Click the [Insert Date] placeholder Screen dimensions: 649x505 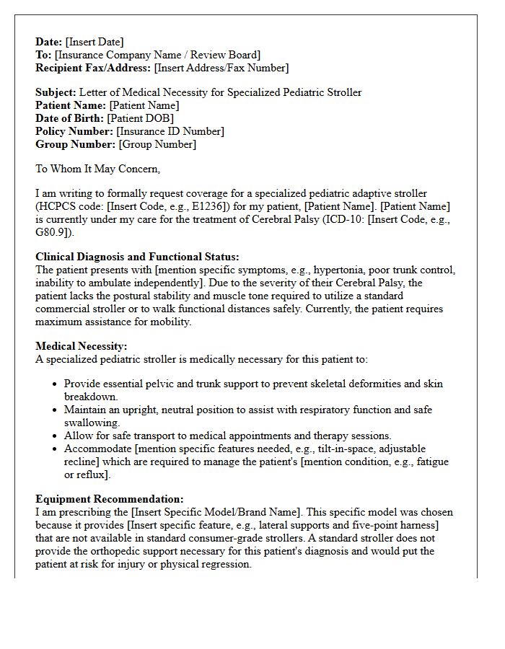pyautogui.click(x=95, y=42)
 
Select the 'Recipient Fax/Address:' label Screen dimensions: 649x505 pyautogui.click(x=93, y=68)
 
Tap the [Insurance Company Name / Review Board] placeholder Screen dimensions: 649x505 pyautogui.click(x=158, y=55)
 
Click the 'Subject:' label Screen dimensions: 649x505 pyautogui.click(x=56, y=92)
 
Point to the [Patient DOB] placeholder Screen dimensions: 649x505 pyautogui.click(x=140, y=118)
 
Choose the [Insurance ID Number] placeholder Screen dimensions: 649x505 pyautogui.click(x=171, y=131)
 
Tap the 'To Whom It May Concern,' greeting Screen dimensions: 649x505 pyautogui.click(x=97, y=169)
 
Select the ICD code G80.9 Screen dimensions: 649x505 pyautogui.click(x=53, y=232)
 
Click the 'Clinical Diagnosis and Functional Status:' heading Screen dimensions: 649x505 pyautogui.click(x=137, y=257)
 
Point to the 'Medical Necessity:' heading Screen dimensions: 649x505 pyautogui.click(x=81, y=346)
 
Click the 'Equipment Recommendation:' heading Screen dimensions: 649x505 pyautogui.click(x=110, y=499)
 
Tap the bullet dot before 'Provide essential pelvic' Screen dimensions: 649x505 pyautogui.click(x=54, y=384)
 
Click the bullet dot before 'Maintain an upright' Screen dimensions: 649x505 pyautogui.click(x=54, y=410)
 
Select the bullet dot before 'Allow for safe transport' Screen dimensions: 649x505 pyautogui.click(x=54, y=436)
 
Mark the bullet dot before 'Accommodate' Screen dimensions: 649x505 pyautogui.click(x=54, y=449)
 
